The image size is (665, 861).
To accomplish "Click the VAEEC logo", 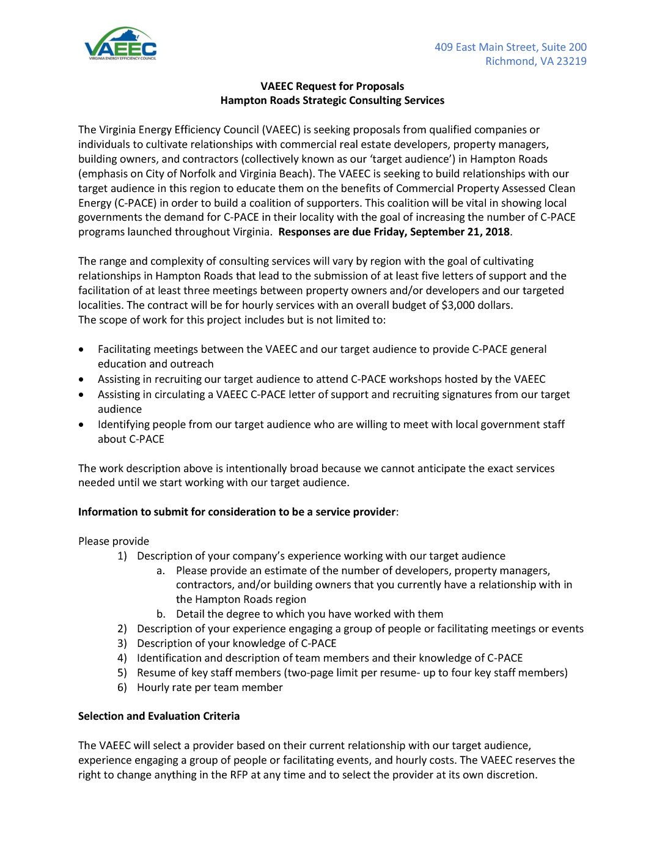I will tap(120, 43).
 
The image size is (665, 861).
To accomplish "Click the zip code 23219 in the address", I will tap(571, 61).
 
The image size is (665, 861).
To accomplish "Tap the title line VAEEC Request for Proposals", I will tap(332, 86).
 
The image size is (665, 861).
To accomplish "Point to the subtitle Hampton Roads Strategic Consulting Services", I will tap(332, 100).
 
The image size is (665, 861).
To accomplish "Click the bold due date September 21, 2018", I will tap(460, 232).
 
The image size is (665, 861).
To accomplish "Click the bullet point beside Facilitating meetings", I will tap(82, 350).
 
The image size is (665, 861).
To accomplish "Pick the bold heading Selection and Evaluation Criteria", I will tap(159, 716).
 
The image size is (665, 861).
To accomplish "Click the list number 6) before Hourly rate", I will tap(122, 687).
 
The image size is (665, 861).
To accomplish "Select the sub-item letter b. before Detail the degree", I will tap(161, 614).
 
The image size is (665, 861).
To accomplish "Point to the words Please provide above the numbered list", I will tap(114, 541).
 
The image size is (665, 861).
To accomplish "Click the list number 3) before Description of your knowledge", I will tap(122, 643).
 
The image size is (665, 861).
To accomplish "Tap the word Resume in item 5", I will tap(155, 673).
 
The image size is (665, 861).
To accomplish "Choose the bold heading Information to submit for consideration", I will tap(237, 512).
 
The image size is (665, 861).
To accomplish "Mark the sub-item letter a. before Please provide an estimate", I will tap(161, 571).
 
